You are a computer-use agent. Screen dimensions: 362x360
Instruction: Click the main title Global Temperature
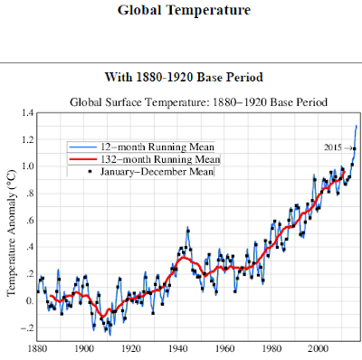184,10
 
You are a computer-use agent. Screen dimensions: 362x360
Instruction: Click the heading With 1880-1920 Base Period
184,77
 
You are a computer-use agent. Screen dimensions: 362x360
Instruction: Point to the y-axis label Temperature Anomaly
11,232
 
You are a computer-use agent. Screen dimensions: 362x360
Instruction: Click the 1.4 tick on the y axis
27,113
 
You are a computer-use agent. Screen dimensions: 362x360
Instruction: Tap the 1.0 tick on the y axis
27,166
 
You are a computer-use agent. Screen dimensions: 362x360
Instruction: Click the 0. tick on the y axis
29,301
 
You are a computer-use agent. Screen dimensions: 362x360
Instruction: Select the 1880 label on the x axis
37,348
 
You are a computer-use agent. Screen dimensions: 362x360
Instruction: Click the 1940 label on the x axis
178,348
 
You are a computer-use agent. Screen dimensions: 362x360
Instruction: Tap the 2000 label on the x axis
319,348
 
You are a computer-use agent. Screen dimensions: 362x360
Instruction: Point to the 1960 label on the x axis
224,348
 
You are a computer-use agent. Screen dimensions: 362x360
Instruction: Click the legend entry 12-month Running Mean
157,147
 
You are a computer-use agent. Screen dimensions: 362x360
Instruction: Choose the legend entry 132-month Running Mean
160,159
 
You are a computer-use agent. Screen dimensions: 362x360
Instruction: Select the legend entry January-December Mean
157,172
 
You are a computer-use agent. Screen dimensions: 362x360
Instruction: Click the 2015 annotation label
333,147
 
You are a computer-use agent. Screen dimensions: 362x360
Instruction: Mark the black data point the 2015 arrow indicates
355,148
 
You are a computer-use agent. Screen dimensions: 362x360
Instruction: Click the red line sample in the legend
82,159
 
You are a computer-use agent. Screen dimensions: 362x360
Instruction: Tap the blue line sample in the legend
82,147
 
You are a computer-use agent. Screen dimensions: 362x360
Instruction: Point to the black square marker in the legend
90,172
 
